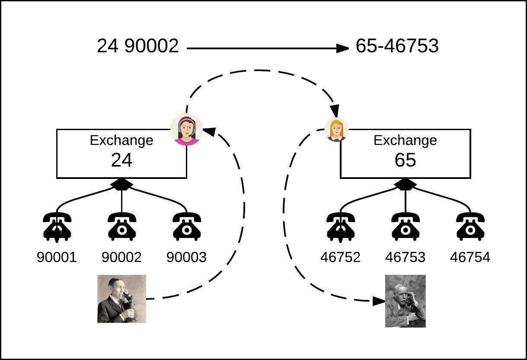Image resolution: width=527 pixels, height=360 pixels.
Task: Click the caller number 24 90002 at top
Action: [137, 46]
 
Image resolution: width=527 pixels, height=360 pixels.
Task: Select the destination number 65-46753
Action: [397, 46]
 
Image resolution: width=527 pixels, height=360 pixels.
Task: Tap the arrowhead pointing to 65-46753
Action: [342, 48]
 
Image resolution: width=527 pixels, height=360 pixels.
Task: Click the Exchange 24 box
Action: [121, 153]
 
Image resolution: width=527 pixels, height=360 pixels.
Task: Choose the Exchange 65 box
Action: [405, 153]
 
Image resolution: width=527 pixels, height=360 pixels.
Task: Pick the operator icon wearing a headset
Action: [187, 129]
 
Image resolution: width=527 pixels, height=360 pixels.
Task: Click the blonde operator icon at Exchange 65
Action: [336, 129]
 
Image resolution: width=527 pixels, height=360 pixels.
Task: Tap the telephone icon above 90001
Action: [57, 226]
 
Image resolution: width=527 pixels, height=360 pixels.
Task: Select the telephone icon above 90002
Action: [121, 226]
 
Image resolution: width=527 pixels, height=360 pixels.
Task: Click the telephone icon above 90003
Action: [186, 226]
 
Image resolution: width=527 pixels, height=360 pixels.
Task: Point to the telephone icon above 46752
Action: [341, 226]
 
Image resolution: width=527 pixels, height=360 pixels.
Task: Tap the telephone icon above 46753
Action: [405, 226]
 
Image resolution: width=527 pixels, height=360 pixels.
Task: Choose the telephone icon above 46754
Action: [470, 226]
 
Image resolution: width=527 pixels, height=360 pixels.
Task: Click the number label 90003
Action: [186, 257]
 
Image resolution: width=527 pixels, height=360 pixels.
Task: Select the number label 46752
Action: [340, 257]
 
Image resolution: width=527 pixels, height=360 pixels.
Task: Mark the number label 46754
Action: [470, 257]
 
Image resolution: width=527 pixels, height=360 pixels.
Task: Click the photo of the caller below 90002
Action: [121, 299]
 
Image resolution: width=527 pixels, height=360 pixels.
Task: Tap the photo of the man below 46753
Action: [405, 301]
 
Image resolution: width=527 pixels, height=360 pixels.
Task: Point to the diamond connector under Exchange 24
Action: [121, 185]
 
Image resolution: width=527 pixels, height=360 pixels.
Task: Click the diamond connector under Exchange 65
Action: [405, 185]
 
